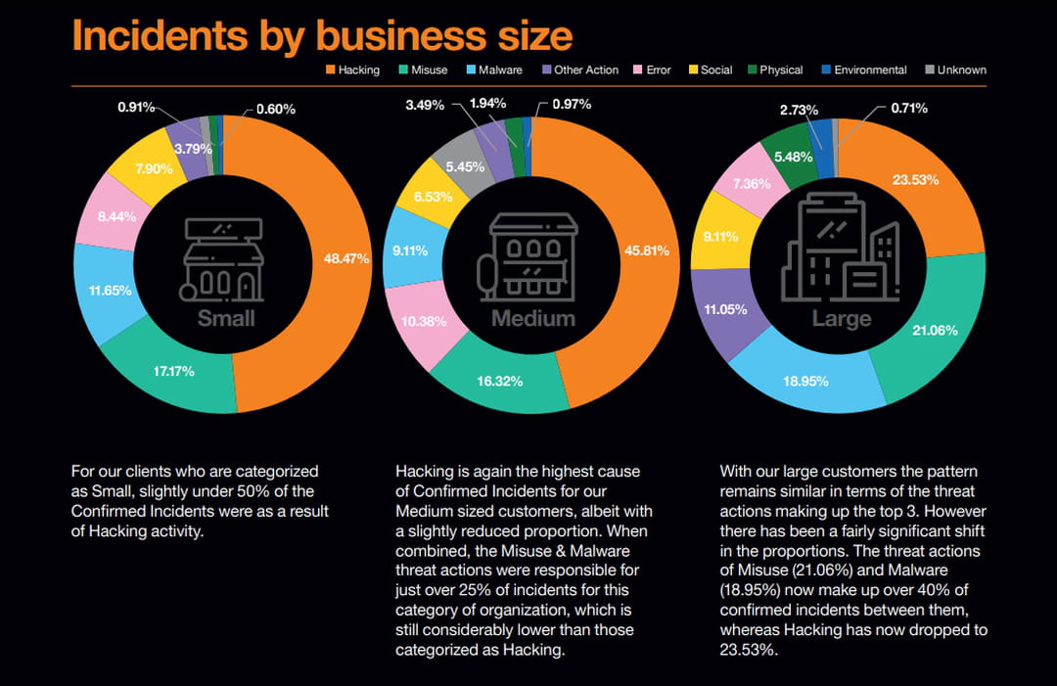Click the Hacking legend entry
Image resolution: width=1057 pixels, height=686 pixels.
coord(351,70)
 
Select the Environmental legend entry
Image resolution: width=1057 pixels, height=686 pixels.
coord(863,70)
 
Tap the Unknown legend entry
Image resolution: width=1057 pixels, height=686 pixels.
coord(954,70)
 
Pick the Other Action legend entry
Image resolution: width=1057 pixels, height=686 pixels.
coord(579,70)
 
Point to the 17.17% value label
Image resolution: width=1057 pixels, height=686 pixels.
coord(173,371)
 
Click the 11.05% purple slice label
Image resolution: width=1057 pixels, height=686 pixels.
coord(725,309)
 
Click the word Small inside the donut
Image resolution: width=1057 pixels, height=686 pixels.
coord(226,318)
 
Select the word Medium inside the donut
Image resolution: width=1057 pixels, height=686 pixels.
coord(533,318)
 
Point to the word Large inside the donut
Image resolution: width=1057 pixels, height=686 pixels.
coord(842,319)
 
